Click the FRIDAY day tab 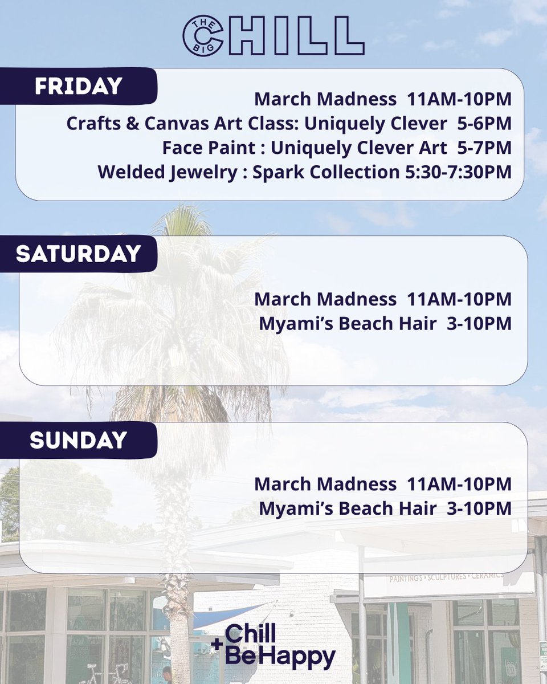tap(78, 86)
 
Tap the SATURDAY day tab tap(78, 254)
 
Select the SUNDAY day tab tap(78, 439)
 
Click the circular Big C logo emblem tap(203, 35)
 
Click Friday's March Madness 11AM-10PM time tap(459, 99)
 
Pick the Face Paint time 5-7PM tap(484, 148)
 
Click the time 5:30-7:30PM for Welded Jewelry tap(456, 172)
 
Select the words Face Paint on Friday tap(209, 148)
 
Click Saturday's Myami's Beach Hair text tap(348, 323)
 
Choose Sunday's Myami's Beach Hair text tap(348, 508)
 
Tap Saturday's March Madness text tap(325, 299)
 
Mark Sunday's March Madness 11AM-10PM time tap(459, 484)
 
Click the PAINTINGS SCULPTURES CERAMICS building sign tap(446, 577)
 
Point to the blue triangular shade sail tap(228, 616)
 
